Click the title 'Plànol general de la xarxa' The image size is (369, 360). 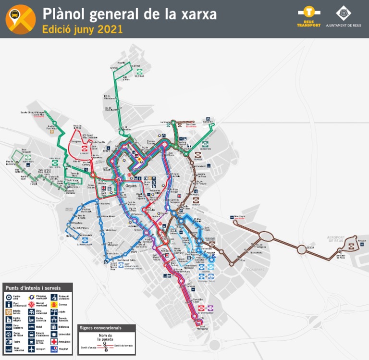tap(129, 14)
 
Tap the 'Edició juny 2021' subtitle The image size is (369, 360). tap(82, 29)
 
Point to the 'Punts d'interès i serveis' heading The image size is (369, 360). tap(33, 287)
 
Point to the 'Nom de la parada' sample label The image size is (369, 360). tap(106, 336)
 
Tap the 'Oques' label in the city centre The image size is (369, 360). tap(131, 185)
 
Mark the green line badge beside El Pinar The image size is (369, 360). tap(139, 75)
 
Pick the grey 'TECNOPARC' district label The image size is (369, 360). tap(255, 270)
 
